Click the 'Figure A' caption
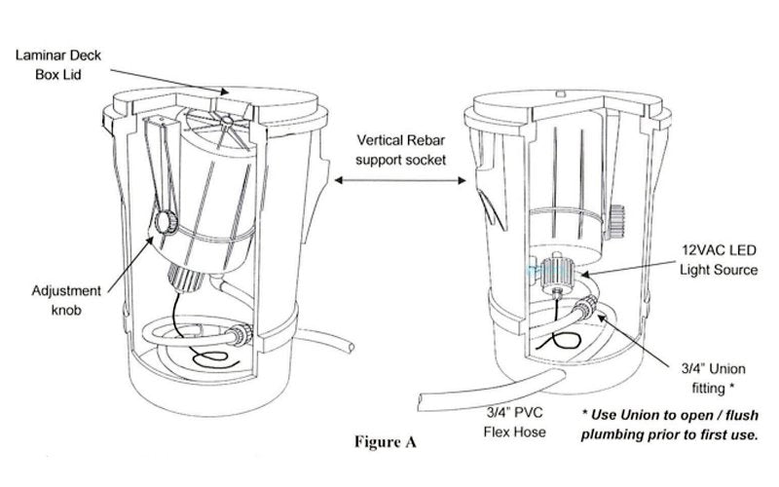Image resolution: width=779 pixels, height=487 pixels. pyautogui.click(x=385, y=441)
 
